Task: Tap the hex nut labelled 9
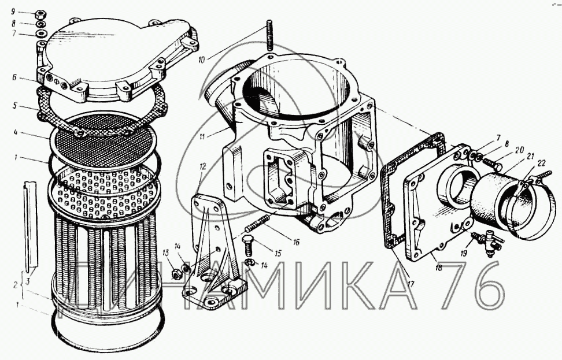[39, 15]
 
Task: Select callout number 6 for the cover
[14, 77]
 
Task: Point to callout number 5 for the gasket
[14, 106]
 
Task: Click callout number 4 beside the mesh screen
[16, 133]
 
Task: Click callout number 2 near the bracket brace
[15, 285]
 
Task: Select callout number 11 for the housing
[202, 136]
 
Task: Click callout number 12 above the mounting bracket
[203, 166]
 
